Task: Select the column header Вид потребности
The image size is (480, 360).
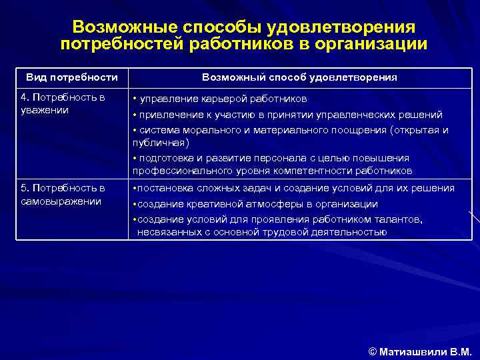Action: (x=72, y=77)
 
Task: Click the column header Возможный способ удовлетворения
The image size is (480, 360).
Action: (x=299, y=77)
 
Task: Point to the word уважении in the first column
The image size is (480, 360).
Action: (x=45, y=110)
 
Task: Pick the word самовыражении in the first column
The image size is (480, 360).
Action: (x=61, y=201)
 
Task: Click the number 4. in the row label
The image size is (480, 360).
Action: (x=26, y=98)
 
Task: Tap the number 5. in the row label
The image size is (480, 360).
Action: (x=26, y=189)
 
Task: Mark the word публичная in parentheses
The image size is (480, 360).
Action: (x=159, y=143)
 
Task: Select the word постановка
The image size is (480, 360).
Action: (x=164, y=189)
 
